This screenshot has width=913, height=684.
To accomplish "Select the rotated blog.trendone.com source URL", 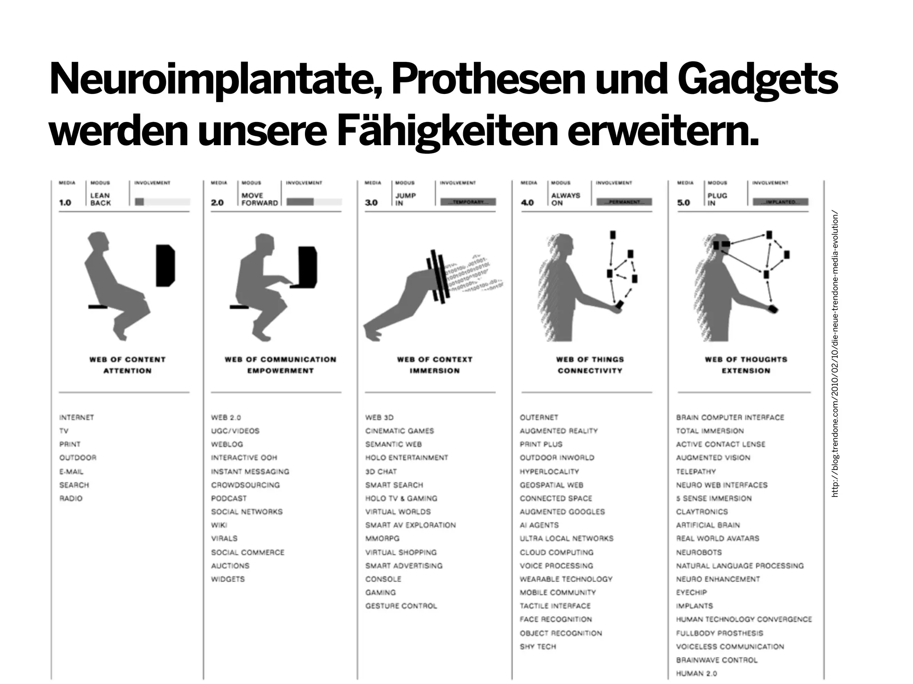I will [835, 354].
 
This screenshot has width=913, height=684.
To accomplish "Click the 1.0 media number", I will [65, 203].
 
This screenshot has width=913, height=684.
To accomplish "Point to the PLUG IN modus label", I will [717, 199].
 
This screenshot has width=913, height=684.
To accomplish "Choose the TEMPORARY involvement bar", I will [468, 202].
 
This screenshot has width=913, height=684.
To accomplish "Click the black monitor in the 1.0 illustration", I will [165, 265].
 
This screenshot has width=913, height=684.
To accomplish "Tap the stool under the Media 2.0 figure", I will [239, 307].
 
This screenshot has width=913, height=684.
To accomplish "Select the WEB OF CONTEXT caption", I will [434, 359].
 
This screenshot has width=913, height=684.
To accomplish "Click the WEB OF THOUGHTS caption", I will [746, 359].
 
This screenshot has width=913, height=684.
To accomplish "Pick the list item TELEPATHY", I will [695, 472].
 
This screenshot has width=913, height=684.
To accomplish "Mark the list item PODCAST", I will [229, 498].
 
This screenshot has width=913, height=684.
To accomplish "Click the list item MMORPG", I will [382, 538].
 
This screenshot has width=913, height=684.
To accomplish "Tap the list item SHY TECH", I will [538, 647].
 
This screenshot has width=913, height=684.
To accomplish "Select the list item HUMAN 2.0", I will [696, 673].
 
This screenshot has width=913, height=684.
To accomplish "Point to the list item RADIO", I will [71, 498].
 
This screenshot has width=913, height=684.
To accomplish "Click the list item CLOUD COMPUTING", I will [556, 552].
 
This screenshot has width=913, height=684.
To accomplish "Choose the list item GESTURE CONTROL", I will [401, 606].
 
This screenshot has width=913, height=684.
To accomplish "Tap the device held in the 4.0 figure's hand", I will [619, 305].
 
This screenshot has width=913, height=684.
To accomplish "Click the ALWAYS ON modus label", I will [565, 199].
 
